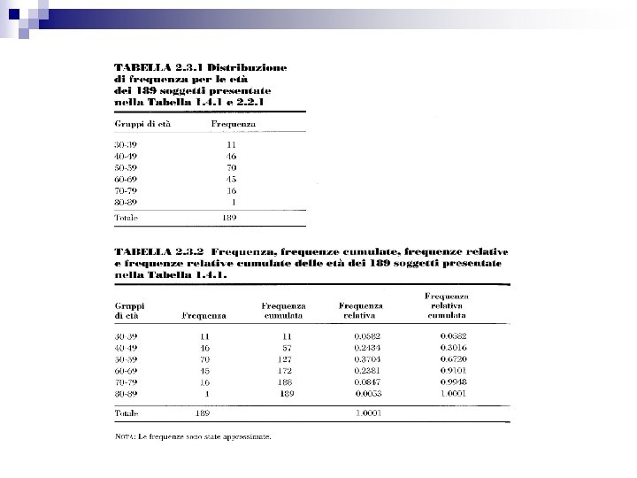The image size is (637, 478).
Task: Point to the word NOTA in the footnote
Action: click(x=126, y=436)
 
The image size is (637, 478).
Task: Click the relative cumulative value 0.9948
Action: click(x=455, y=383)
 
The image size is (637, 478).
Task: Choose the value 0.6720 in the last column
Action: click(x=455, y=361)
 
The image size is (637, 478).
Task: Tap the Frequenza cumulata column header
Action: click(x=283, y=310)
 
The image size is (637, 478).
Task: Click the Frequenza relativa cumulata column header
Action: click(x=447, y=305)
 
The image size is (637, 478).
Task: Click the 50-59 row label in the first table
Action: click(x=127, y=166)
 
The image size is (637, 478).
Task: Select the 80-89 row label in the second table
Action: click(x=127, y=394)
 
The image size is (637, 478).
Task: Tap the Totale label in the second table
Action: click(x=127, y=413)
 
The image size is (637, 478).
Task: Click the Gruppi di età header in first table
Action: click(x=142, y=125)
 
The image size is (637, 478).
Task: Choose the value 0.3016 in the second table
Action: click(x=455, y=350)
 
